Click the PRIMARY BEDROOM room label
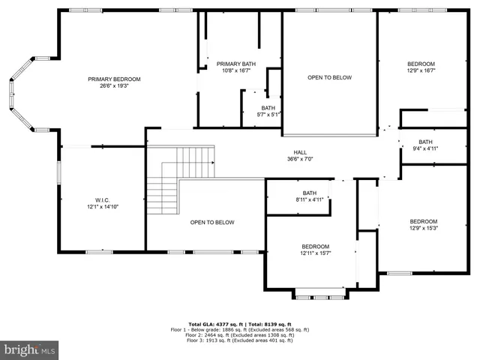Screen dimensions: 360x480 pyautogui.click(x=114, y=79)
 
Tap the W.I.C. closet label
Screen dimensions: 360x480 pyautogui.click(x=102, y=200)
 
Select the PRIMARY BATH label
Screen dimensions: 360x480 pyautogui.click(x=236, y=64)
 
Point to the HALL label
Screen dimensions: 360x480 pyautogui.click(x=300, y=151)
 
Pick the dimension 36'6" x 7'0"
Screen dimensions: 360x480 pyautogui.click(x=300, y=158)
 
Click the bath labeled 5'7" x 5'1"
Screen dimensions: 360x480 pyautogui.click(x=268, y=111)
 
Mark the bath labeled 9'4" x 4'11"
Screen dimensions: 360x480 pyautogui.click(x=425, y=145)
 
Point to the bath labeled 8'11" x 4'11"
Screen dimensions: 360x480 pyautogui.click(x=310, y=196)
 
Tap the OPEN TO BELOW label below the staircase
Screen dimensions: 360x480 pyautogui.click(x=212, y=223)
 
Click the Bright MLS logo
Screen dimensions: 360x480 pyautogui.click(x=30, y=349)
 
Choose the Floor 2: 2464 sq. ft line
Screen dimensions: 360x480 pyautogui.click(x=240, y=334)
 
